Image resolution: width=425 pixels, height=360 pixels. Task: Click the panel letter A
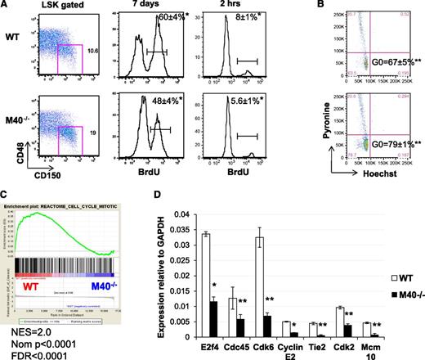pyautogui.click(x=7, y=7)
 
